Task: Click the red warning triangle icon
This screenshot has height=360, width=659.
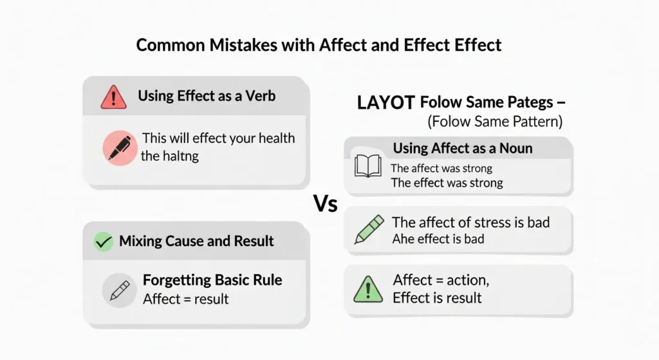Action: (113, 97)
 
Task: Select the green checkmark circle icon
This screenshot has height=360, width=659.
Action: (103, 242)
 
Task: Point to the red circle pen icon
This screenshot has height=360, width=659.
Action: (120, 147)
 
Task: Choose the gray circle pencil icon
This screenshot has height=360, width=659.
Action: (120, 290)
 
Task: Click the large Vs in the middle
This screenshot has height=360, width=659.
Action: (326, 205)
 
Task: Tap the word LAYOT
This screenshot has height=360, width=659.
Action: (385, 102)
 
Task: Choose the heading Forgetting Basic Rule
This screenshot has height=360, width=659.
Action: (212, 281)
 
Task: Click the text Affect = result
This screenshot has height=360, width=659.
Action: (185, 299)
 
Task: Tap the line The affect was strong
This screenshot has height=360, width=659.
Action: (441, 169)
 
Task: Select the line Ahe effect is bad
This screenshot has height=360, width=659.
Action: (438, 239)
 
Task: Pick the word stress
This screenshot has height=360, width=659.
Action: (497, 222)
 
